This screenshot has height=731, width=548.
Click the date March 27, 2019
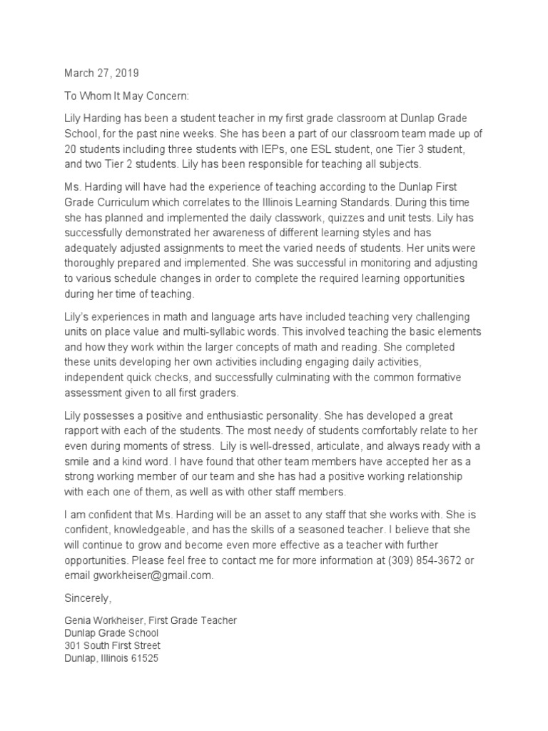[x=102, y=73]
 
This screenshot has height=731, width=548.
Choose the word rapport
[x=83, y=430]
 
